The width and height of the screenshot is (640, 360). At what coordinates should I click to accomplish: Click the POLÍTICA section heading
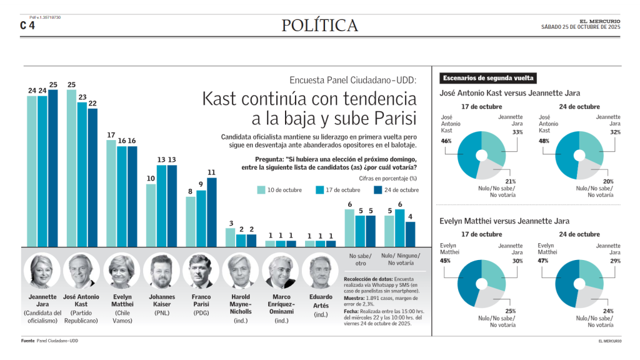(x=319, y=26)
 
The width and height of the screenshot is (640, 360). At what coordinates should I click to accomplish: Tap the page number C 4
(x=27, y=26)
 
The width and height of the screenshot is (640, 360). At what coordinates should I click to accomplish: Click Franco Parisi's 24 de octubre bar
(x=212, y=212)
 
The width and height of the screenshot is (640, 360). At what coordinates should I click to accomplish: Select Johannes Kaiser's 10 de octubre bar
(x=151, y=215)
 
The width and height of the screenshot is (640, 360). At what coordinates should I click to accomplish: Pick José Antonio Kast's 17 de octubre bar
(x=82, y=174)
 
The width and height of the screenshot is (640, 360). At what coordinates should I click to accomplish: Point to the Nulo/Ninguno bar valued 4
(x=410, y=234)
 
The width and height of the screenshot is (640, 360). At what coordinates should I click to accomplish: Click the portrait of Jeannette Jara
(x=42, y=271)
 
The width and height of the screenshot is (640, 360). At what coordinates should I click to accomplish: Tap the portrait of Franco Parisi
(x=201, y=271)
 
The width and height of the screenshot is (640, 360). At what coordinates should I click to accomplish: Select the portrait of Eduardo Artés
(x=320, y=271)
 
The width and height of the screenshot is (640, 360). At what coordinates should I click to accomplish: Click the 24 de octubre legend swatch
(x=377, y=190)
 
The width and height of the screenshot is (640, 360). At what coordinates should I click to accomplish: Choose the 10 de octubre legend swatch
(x=262, y=190)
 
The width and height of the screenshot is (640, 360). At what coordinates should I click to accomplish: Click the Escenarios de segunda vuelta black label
(x=488, y=78)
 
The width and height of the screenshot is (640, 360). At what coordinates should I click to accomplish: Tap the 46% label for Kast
(x=446, y=141)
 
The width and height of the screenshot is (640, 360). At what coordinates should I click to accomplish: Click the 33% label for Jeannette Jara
(x=517, y=132)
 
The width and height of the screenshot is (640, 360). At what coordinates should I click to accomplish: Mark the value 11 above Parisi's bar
(x=212, y=172)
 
